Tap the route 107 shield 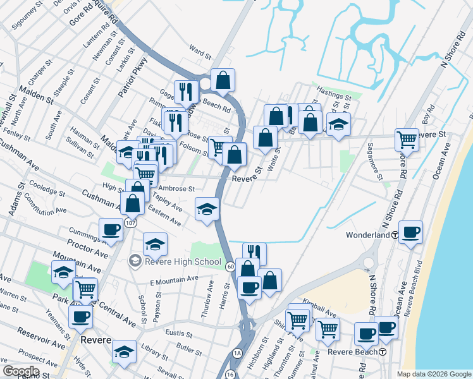click(x=130, y=223)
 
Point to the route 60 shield click(x=230, y=267)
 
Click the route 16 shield click(x=229, y=374)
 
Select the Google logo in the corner click(x=21, y=371)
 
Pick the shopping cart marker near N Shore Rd click(x=407, y=139)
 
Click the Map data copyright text click(x=434, y=374)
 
